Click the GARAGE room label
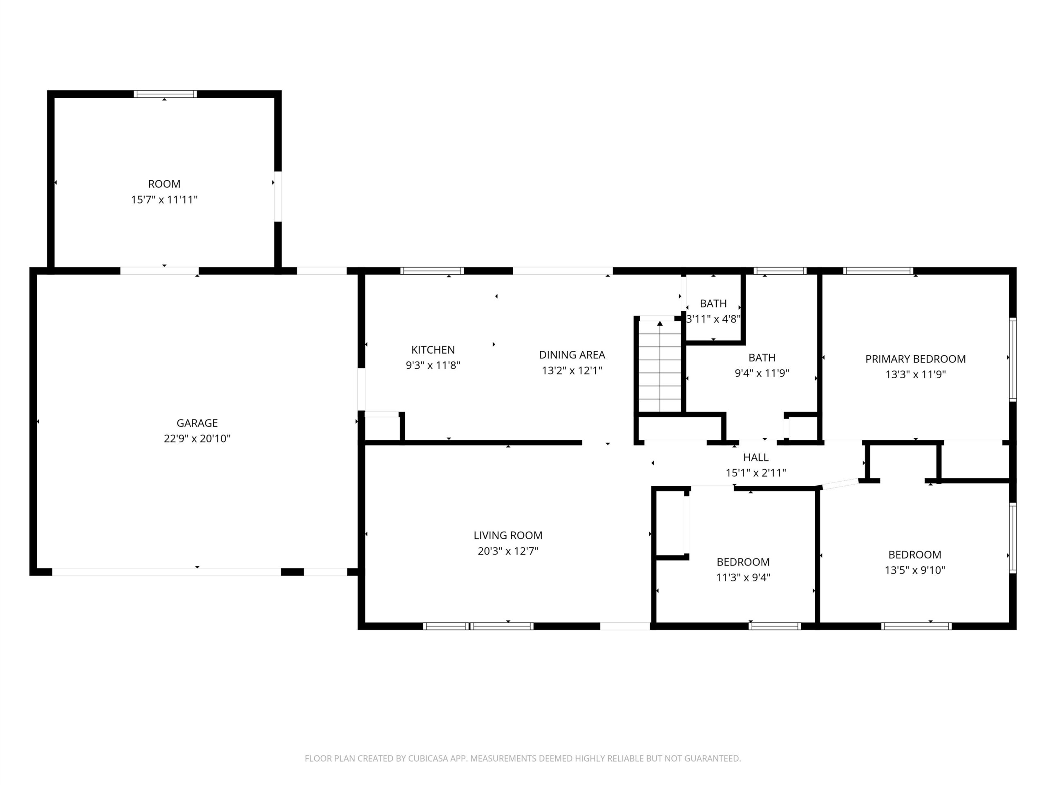(x=197, y=423)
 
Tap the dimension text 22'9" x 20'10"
(x=197, y=439)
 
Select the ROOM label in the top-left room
(x=164, y=184)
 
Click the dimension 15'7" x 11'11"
(x=164, y=200)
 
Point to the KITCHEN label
(x=433, y=350)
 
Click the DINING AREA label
(x=572, y=355)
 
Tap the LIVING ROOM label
(x=508, y=536)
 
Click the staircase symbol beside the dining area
(x=659, y=366)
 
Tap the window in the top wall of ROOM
(x=165, y=94)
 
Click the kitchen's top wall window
(x=432, y=271)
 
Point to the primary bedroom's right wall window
(x=1012, y=360)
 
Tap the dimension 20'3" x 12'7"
(x=508, y=551)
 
